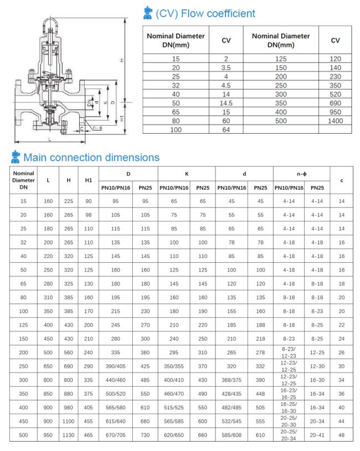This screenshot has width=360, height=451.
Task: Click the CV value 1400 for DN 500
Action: tap(336, 121)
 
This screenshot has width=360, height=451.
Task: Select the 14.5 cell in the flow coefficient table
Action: tap(226, 103)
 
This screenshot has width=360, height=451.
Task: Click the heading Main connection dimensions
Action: tap(91, 158)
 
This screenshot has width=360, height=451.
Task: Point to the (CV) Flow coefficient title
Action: tap(205, 13)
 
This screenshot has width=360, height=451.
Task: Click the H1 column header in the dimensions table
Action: tap(89, 180)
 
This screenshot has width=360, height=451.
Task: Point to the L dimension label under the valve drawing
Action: tap(49, 139)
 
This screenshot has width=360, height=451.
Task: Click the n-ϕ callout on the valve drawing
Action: tap(97, 128)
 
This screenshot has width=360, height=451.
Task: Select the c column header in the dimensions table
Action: tap(341, 180)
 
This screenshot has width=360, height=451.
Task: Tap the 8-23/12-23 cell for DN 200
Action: tap(289, 351)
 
